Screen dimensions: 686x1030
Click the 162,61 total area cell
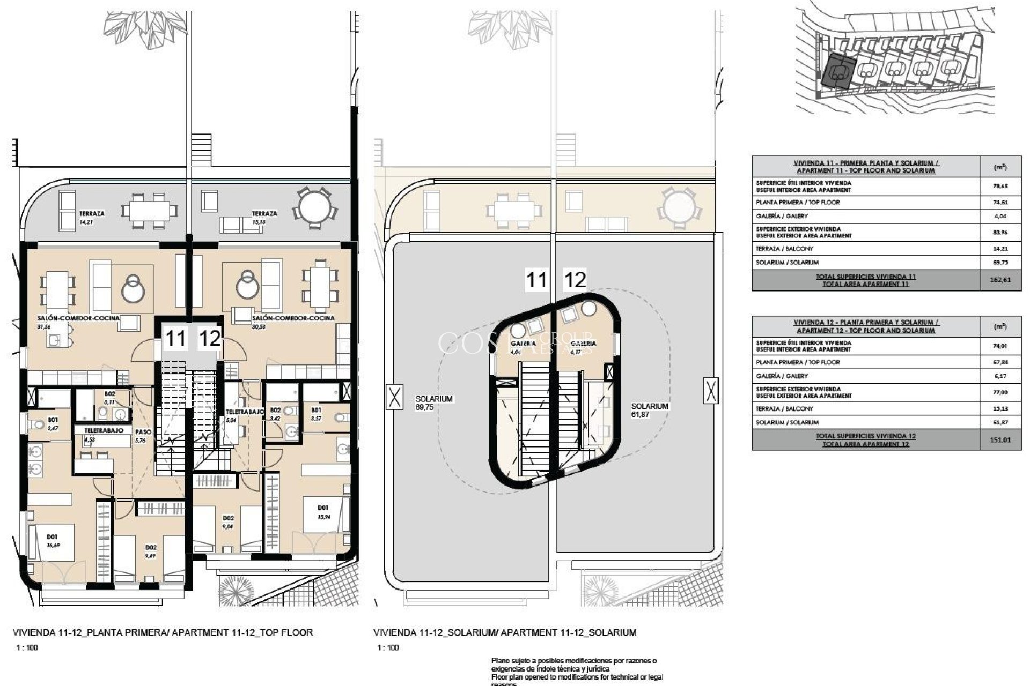(1000, 280)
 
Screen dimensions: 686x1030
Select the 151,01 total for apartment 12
(1000, 440)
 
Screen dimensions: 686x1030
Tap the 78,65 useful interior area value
(1000, 186)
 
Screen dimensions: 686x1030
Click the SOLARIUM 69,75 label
(434, 403)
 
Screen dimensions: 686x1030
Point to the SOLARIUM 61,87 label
(650, 410)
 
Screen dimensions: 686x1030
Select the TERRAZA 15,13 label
(264, 216)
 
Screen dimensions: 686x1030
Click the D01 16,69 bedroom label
(52, 540)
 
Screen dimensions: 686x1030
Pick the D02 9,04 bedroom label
(228, 521)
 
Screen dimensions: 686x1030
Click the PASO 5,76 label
(142, 436)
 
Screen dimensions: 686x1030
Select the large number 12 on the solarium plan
(575, 280)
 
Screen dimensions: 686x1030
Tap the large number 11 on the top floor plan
(175, 339)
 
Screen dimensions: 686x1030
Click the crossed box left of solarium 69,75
(394, 397)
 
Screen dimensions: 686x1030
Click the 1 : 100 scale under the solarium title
(388, 647)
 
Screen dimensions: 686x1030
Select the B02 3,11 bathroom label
(109, 398)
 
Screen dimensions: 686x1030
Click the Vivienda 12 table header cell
(866, 326)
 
